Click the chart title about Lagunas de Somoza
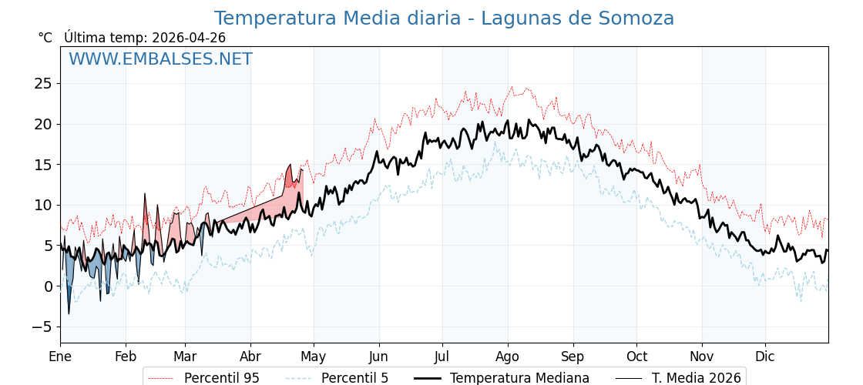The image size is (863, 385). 444,18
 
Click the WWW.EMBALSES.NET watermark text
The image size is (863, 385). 160,59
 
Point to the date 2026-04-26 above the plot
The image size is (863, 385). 189,38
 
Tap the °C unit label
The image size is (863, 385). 45,38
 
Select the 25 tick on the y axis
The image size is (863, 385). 43,83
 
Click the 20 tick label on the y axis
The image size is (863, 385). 43,124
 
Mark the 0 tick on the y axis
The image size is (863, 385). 48,286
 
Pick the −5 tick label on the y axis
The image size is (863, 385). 42,327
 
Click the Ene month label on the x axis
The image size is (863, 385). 60,357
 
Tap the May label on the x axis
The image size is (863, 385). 314,357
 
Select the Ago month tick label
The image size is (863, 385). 508,357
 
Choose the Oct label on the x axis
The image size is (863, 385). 636,357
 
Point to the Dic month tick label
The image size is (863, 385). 765,357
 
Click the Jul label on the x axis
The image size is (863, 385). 442,357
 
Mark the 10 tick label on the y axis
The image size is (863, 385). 43,205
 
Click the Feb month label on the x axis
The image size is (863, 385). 126,357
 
